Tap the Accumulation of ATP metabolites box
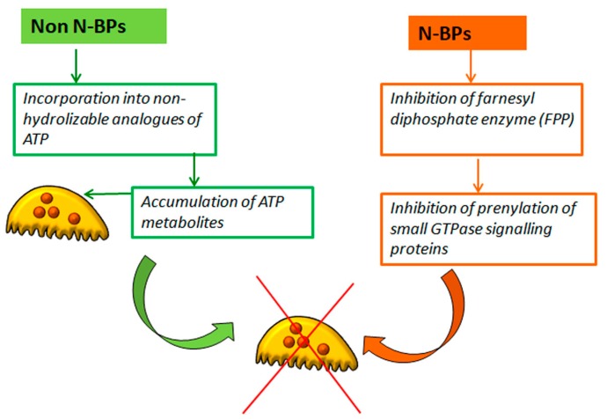pyautogui.click(x=204, y=202)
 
